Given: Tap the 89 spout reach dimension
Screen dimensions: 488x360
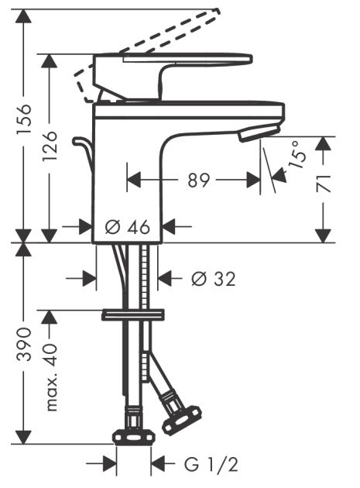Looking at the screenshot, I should pyautogui.click(x=198, y=180).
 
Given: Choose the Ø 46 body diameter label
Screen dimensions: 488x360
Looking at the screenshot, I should pyautogui.click(x=125, y=227).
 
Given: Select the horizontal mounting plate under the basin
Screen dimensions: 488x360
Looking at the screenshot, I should pyautogui.click(x=134, y=314).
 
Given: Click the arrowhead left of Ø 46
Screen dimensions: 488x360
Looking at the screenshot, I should pyautogui.click(x=87, y=227).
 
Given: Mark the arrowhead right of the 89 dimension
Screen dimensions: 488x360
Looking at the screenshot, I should pyautogui.click(x=253, y=180).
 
